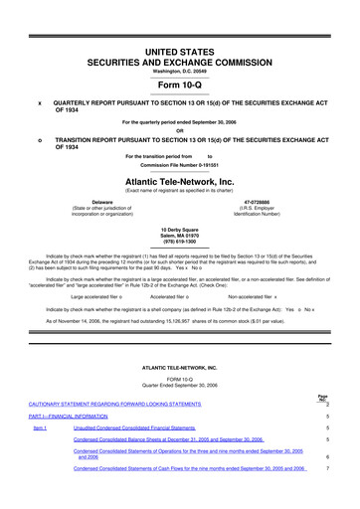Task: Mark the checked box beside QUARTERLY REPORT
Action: [x=40, y=102]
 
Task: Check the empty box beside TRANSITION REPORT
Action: [x=40, y=139]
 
